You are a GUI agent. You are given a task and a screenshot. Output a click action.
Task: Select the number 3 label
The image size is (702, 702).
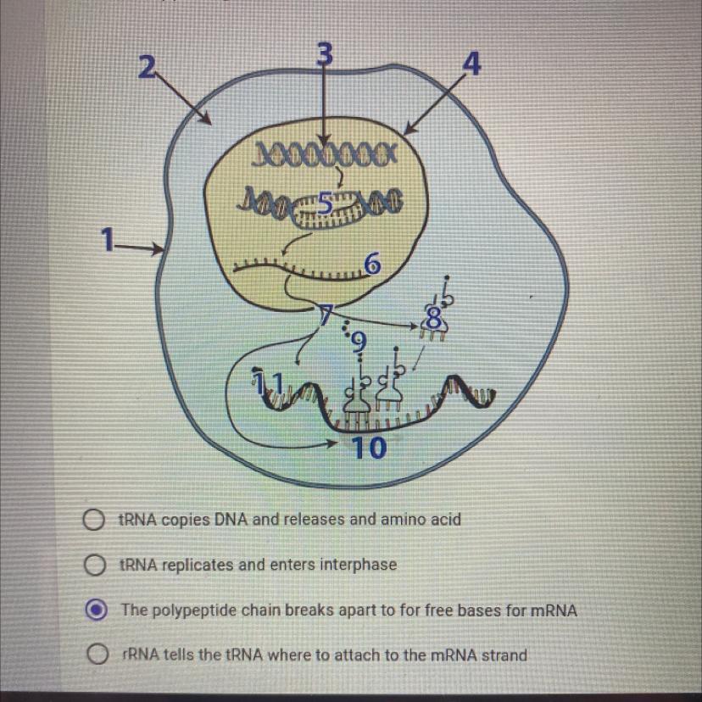click(323, 53)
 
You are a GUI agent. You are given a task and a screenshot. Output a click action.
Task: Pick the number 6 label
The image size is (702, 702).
click(370, 265)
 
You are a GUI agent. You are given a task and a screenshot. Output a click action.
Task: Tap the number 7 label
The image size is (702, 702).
click(326, 314)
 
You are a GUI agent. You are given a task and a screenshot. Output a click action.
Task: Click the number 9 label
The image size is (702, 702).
click(359, 342)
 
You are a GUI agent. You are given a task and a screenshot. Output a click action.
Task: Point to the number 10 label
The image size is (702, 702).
click(370, 447)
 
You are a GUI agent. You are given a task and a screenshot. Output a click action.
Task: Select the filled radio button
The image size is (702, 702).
click(97, 610)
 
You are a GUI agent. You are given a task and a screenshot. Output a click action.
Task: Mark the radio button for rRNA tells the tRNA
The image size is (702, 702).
click(97, 655)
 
